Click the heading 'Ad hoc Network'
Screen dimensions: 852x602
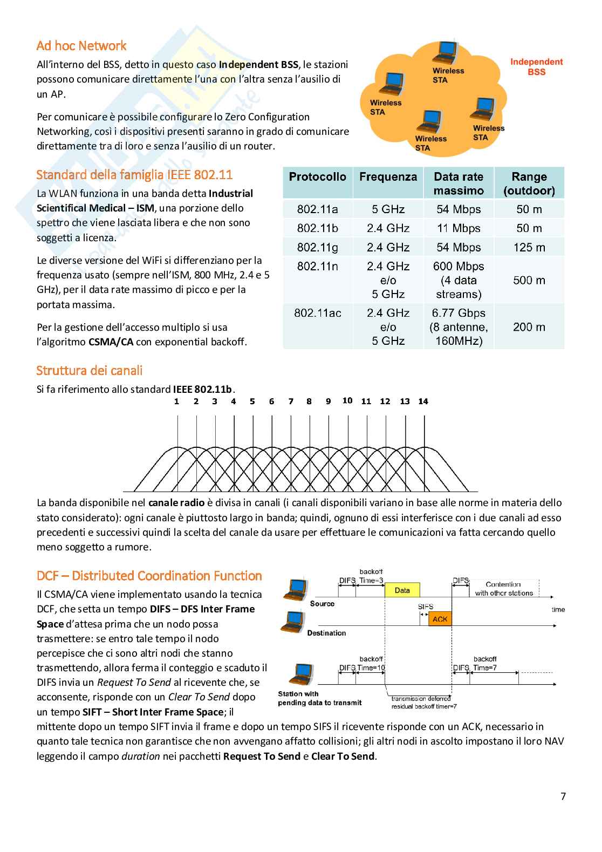(x=81, y=46)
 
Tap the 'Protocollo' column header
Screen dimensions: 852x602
(x=317, y=177)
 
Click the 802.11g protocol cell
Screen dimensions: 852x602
(x=317, y=248)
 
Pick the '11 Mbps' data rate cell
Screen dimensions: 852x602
(x=458, y=228)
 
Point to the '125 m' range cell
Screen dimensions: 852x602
(x=529, y=248)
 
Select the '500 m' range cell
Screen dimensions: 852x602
(x=529, y=280)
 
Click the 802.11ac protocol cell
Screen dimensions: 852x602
(x=317, y=313)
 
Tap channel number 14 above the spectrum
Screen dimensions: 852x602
(x=423, y=401)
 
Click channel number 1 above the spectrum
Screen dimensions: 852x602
(x=176, y=401)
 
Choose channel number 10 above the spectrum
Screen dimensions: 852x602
(x=347, y=400)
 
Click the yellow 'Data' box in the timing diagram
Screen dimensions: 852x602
(x=402, y=590)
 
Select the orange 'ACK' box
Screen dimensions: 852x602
(x=440, y=619)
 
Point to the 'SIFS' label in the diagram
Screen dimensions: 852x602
(x=426, y=606)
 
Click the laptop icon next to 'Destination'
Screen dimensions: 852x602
(x=291, y=622)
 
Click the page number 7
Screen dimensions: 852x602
(x=563, y=796)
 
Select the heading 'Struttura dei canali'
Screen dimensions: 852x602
(x=90, y=371)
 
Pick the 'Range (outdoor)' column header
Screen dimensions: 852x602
(x=529, y=183)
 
